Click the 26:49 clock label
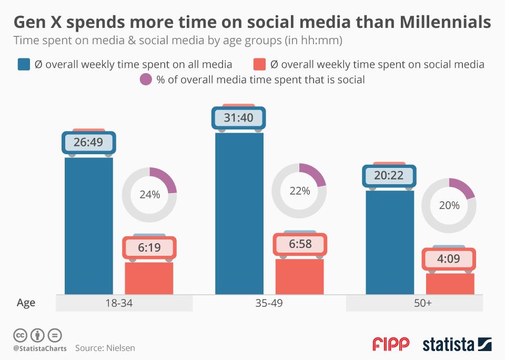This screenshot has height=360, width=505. click(88, 142)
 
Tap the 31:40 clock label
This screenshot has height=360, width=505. click(238, 118)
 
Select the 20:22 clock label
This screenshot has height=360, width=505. click(389, 176)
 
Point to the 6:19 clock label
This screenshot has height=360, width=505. click(149, 247)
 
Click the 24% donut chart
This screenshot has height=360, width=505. click(149, 195)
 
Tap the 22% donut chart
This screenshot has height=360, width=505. click(299, 191)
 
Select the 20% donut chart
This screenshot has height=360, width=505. click(449, 206)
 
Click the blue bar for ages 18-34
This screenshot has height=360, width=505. click(88, 226)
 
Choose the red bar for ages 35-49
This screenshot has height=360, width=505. click(300, 276)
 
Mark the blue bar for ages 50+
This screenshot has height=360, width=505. click(389, 242)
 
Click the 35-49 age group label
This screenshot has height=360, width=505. click(269, 303)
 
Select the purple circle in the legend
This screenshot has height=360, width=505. click(146, 80)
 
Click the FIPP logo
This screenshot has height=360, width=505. click(391, 344)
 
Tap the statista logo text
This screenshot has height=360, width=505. click(448, 345)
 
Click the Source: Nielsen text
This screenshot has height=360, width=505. click(105, 348)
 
